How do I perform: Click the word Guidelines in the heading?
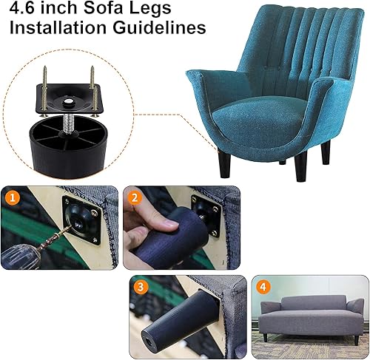click(161, 30)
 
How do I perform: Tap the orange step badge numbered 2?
click(135, 197)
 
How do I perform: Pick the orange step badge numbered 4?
click(263, 287)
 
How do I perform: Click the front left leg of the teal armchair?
click(223, 163)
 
